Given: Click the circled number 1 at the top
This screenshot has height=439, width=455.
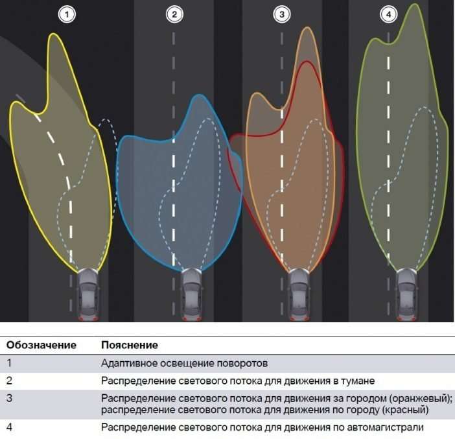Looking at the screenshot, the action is pos(67,14).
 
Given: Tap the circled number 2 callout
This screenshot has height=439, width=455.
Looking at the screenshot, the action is pos(174,14).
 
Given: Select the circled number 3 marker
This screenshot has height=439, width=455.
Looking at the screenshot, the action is pos(282,14).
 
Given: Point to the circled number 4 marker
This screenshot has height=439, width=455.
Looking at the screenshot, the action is pos(388,14).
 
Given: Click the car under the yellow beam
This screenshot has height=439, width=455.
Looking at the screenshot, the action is pos(88,294).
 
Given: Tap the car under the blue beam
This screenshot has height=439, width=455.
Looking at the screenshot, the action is pos(191,294).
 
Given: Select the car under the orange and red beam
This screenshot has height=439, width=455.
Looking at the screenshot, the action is pos(299,294).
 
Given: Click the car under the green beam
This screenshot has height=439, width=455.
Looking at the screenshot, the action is pos(406,294).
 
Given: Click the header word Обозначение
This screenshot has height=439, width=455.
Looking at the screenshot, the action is pos(41,345).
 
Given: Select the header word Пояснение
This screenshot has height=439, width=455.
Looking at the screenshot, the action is pos(130,345).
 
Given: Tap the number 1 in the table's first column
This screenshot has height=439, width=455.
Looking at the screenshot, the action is pos(9,363).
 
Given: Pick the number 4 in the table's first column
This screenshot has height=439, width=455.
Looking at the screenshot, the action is pos(9,427).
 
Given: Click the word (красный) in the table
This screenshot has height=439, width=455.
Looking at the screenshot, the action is pos(405,410).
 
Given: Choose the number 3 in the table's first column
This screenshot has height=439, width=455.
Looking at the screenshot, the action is pos(9,398).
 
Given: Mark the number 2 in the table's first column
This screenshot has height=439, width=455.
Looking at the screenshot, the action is pos(9,381).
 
